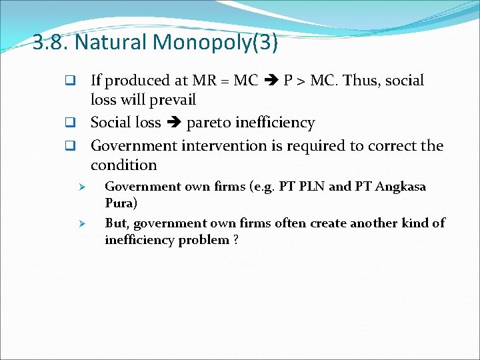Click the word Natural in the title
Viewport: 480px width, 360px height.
click(111, 43)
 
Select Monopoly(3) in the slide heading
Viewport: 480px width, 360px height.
click(215, 43)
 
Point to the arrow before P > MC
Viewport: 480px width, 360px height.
click(271, 81)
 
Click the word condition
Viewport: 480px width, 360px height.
click(123, 165)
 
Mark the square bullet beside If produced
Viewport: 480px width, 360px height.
click(68, 81)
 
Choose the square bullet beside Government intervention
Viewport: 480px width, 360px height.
click(68, 146)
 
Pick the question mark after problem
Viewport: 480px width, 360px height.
click(236, 240)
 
